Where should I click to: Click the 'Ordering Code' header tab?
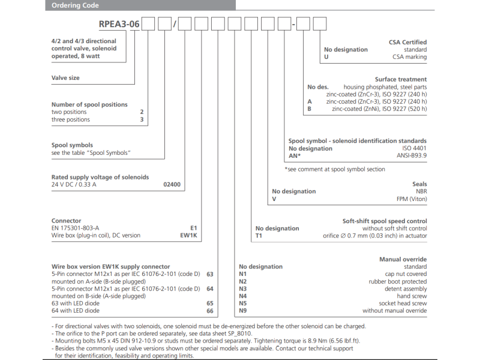click(x=76, y=5)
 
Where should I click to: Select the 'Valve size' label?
click(x=65, y=78)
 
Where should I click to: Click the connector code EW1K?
click(x=188, y=235)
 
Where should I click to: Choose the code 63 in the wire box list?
click(x=209, y=274)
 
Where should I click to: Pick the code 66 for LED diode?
click(x=209, y=311)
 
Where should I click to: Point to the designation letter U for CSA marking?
click(x=326, y=57)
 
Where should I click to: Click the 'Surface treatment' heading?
click(x=401, y=79)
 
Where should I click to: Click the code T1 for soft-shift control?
click(x=259, y=236)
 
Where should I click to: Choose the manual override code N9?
click(x=243, y=311)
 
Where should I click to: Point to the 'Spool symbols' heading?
click(x=73, y=145)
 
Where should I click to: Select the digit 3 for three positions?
click(x=142, y=119)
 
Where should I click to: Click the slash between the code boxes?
click(x=175, y=25)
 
